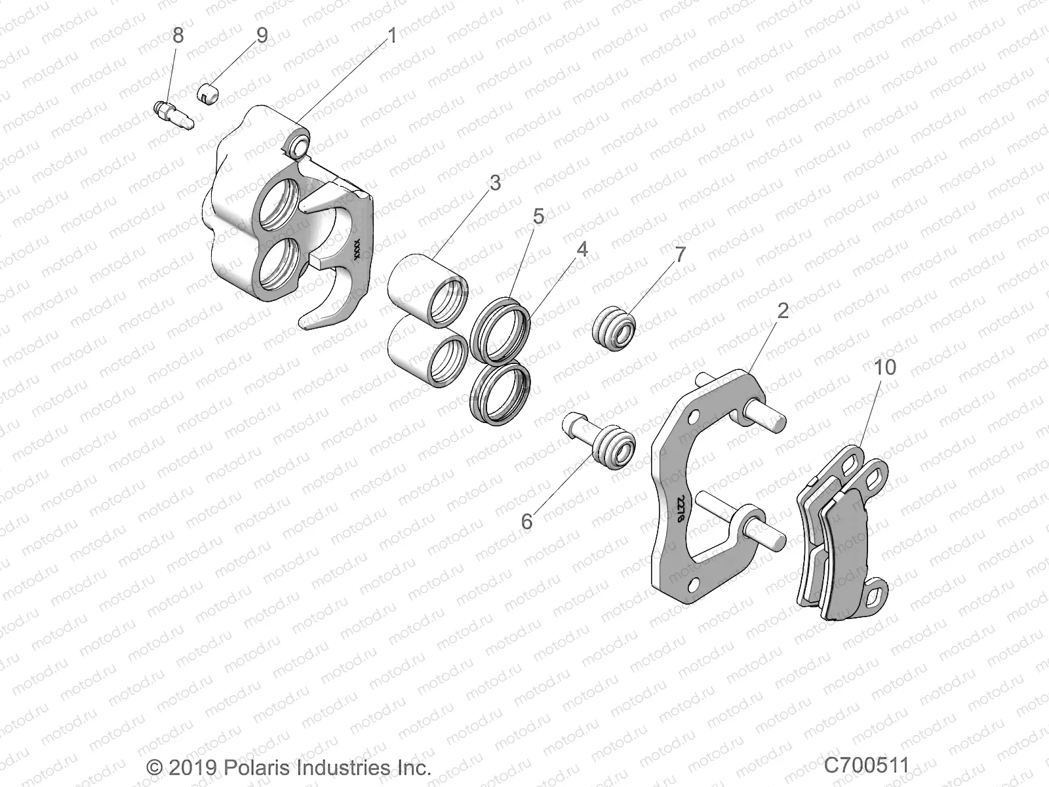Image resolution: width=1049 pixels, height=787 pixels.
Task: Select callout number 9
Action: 262,35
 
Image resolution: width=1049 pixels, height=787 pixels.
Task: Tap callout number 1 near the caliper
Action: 393,35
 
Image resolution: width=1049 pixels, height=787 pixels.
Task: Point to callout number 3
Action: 495,182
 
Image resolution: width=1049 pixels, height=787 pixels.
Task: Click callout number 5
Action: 538,216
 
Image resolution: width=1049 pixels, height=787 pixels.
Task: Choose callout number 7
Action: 680,254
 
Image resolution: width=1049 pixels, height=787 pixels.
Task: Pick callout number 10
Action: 884,367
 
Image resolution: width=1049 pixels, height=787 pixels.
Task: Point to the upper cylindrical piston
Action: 435,287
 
